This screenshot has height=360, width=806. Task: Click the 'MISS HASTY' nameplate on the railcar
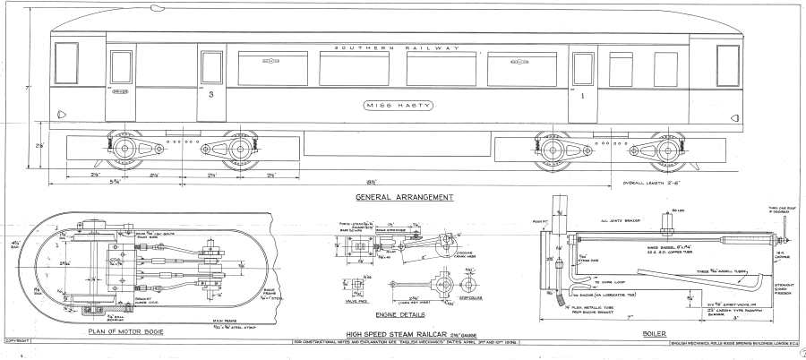pos(399,106)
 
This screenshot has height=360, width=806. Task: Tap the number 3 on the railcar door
pos(210,93)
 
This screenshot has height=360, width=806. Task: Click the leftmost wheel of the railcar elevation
pos(121,146)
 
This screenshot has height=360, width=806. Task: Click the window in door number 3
pos(211,67)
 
